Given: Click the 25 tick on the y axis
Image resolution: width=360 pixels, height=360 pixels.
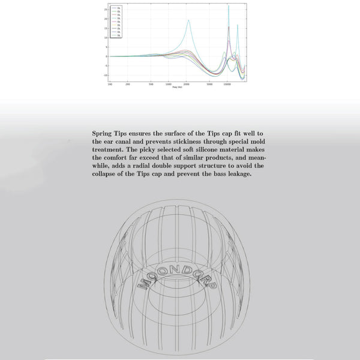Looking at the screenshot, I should (106, 10).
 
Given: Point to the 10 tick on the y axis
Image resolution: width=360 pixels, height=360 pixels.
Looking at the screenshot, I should (106, 37).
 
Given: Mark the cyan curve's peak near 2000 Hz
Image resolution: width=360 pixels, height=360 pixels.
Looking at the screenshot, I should (188, 20).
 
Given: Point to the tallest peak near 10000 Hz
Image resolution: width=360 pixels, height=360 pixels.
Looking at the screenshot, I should (229, 5).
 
